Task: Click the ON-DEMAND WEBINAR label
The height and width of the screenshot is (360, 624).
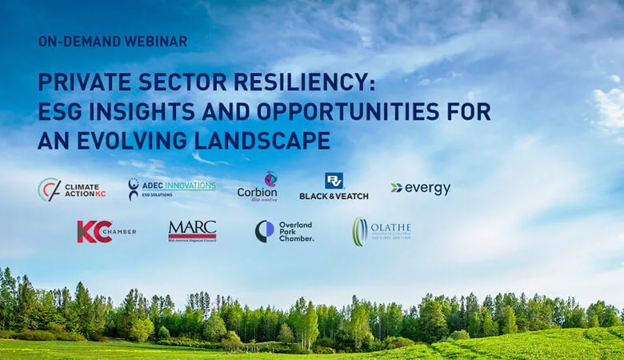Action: coord(113,41)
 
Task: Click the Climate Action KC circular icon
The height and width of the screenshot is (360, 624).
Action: coord(49,190)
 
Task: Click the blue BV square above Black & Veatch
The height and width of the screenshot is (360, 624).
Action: coord(334,181)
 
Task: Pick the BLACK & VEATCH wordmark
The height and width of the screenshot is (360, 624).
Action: coord(334,195)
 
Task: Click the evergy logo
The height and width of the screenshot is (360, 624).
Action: coord(421,189)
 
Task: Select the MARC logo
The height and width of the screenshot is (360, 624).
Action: coord(192,230)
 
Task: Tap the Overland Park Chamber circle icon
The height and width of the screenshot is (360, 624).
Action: coord(264,231)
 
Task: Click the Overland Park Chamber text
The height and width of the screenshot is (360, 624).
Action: coord(296,231)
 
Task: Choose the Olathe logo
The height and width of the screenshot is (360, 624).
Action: coord(382,231)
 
